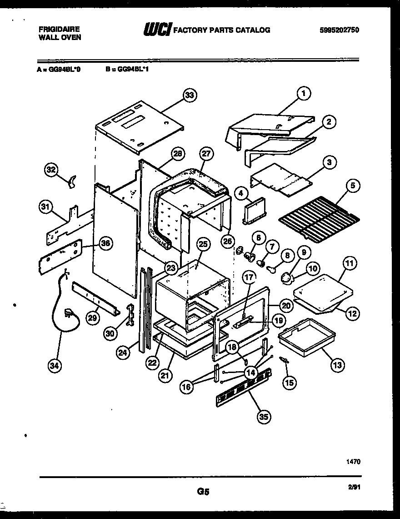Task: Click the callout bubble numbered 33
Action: [190, 96]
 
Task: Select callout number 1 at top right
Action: [304, 94]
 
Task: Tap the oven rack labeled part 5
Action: [317, 217]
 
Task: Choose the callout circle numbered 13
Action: [338, 364]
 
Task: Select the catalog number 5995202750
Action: [339, 30]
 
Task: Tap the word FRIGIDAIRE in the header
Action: [59, 29]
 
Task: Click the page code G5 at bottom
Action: [203, 491]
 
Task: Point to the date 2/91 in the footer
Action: [354, 487]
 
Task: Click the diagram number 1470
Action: [353, 461]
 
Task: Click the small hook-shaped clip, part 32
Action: [70, 181]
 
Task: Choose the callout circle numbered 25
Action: [203, 244]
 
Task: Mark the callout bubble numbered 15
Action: [289, 383]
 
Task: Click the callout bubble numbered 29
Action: [93, 318]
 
